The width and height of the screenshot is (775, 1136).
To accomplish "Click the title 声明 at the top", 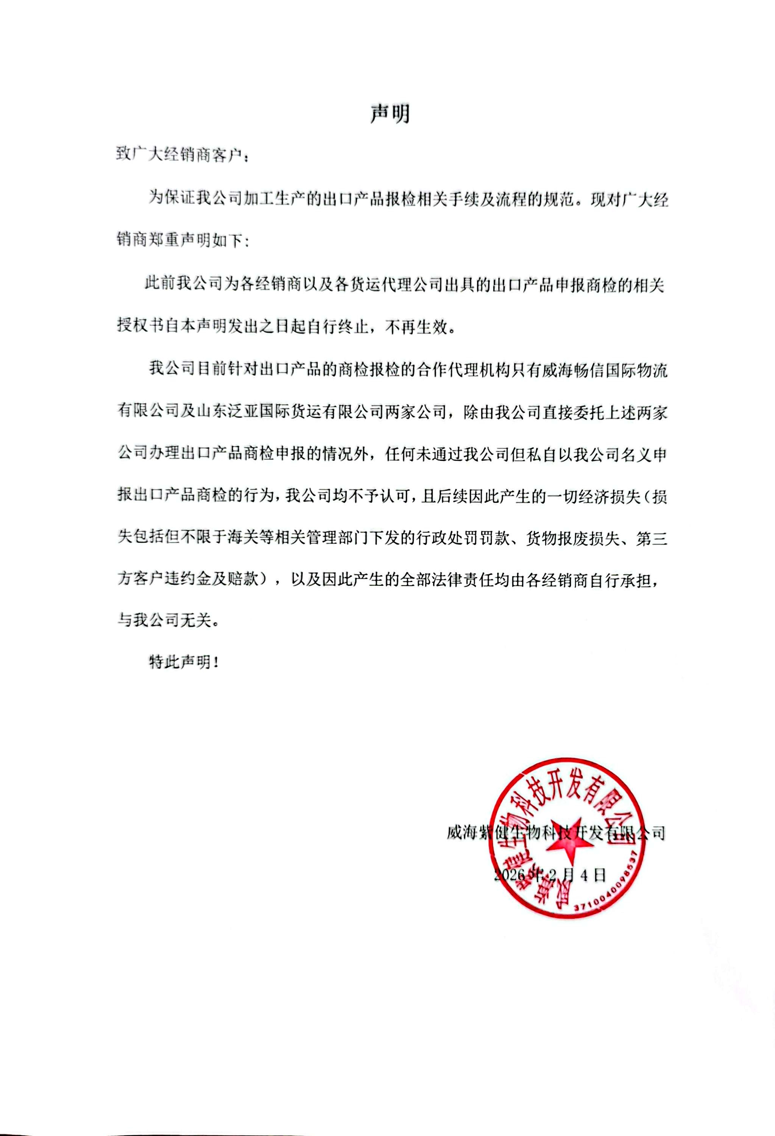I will [390, 114].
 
